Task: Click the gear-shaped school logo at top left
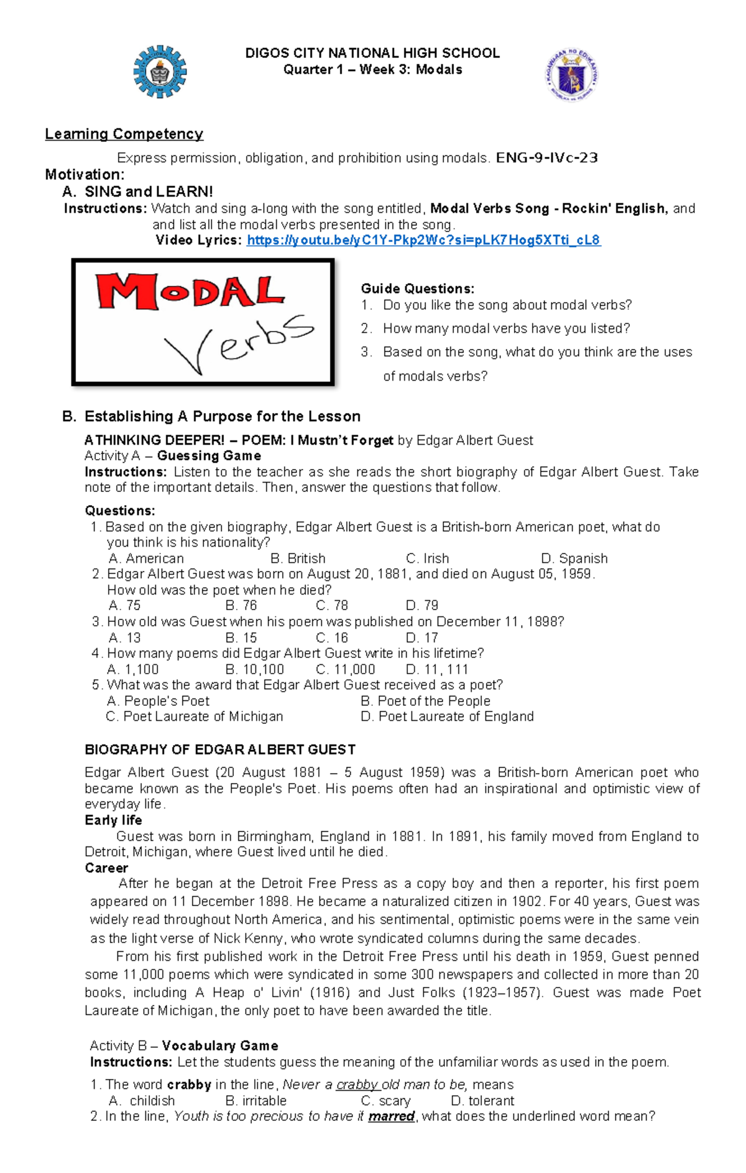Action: [x=160, y=72]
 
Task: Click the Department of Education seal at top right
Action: [x=572, y=75]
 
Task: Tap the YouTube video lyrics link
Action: [x=423, y=240]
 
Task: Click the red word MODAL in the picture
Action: [x=190, y=292]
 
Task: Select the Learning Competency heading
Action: [x=124, y=134]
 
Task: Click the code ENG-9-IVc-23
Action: [x=546, y=158]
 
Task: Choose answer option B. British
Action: [x=298, y=559]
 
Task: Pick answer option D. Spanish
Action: [x=574, y=559]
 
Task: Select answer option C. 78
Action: [x=331, y=606]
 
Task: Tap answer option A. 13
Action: [x=124, y=638]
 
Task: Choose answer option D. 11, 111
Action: [x=436, y=670]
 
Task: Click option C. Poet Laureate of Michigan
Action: [x=194, y=716]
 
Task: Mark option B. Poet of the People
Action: [x=425, y=701]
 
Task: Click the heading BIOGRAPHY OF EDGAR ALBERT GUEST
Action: [x=220, y=749]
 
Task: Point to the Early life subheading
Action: [x=113, y=820]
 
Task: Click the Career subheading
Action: [x=106, y=868]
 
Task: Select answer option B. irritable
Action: [x=256, y=1101]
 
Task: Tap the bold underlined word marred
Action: [x=391, y=1116]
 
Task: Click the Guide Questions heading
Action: [x=417, y=289]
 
